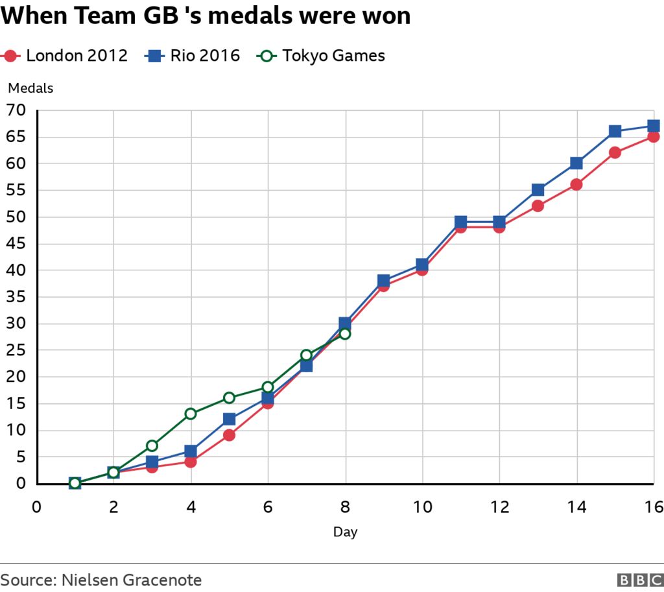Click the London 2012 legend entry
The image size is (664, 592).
[65, 56]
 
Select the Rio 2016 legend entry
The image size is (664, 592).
[192, 56]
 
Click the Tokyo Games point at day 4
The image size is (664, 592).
[191, 414]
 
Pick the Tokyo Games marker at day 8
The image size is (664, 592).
[345, 333]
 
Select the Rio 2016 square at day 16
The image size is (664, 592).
[653, 126]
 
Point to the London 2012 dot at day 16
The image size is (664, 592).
[653, 137]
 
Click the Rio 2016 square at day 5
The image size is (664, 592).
[229, 419]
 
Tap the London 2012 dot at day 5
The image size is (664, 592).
[229, 435]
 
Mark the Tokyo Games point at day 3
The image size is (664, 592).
[152, 445]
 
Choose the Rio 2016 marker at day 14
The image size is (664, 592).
[576, 163]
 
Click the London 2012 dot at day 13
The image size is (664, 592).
[538, 206]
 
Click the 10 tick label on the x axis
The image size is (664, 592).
[422, 507]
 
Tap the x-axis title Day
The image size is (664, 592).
[345, 532]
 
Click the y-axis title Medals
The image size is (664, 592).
[30, 89]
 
